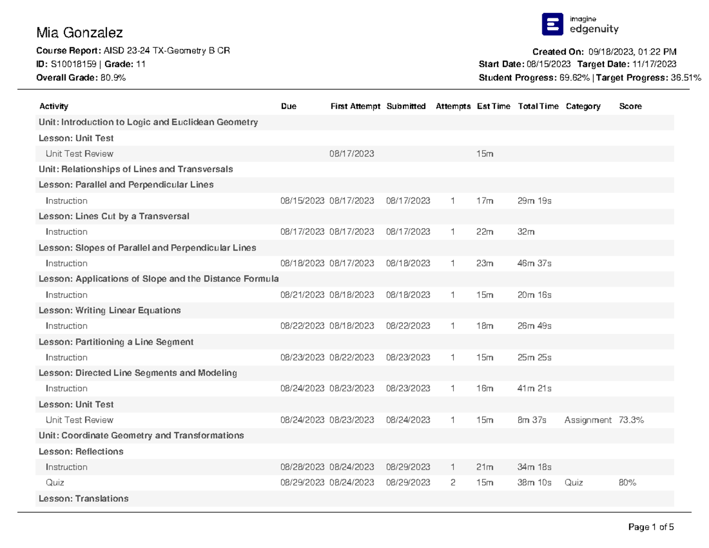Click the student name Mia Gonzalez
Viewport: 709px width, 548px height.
point(79,33)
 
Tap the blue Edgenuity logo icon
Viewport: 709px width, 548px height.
point(552,24)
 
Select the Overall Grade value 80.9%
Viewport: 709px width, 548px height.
point(113,77)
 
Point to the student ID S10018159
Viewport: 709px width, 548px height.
point(73,64)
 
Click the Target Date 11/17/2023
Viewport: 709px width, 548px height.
point(654,64)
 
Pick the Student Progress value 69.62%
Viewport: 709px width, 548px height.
point(574,77)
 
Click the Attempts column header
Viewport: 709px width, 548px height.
point(453,106)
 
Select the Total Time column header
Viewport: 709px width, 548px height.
point(538,106)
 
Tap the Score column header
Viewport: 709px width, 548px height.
point(630,106)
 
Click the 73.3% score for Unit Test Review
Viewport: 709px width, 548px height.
point(631,420)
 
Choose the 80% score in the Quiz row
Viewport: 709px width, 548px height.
point(627,482)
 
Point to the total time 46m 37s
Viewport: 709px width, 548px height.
point(534,263)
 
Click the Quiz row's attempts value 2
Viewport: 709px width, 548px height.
point(453,482)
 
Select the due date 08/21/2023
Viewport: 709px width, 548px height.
point(302,295)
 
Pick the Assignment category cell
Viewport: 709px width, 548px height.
point(588,420)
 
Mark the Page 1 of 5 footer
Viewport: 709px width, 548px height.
point(651,527)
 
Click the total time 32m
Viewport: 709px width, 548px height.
point(526,232)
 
